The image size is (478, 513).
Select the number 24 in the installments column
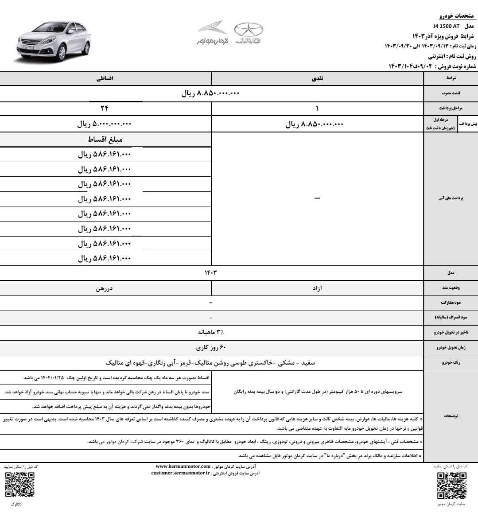pyautogui.click(x=105, y=109)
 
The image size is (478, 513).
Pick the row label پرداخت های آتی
pyautogui.click(x=451, y=198)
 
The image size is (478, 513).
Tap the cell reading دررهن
pyautogui.click(x=105, y=288)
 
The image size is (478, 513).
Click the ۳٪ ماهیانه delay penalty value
pyautogui.click(x=210, y=331)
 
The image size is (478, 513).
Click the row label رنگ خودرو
pyautogui.click(x=451, y=363)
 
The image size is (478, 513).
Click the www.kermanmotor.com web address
pyautogui.click(x=183, y=466)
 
